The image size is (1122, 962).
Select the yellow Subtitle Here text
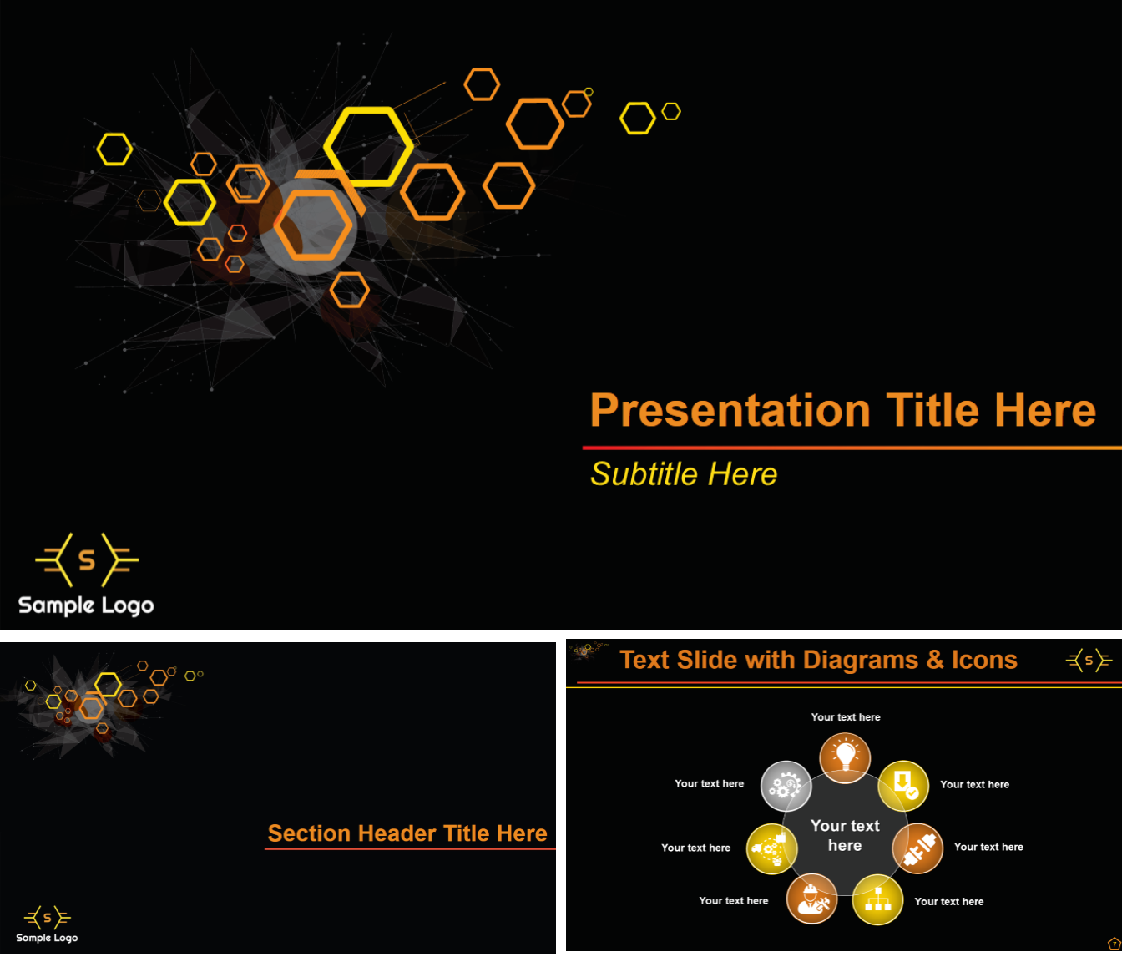pos(684,474)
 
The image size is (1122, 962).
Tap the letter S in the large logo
pos(87,559)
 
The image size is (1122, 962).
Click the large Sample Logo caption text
pos(86,605)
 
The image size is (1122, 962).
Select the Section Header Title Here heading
pos(407,833)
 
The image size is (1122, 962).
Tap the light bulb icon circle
pos(845,758)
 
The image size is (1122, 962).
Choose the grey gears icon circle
pos(786,786)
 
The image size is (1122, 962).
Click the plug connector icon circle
pos(917,848)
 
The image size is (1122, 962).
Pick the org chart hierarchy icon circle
pos(877,899)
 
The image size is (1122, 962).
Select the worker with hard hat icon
pos(811,899)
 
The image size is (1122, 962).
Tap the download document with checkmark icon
pos(903,786)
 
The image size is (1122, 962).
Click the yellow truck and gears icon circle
pos(771,848)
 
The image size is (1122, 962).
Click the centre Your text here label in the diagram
pos(845,835)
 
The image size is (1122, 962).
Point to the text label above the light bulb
pos(845,717)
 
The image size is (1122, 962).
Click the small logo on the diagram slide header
pos(1089,661)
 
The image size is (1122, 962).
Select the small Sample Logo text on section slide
pos(47,938)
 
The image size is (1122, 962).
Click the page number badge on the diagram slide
pos(1114,944)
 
